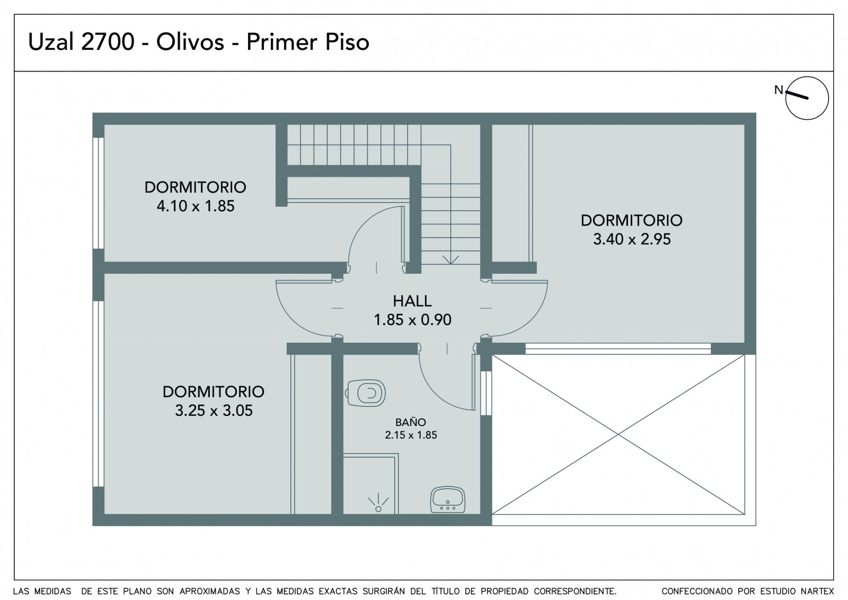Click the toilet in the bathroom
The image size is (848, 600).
point(365,393)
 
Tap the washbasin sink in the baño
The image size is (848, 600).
point(447,499)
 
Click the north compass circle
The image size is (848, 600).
point(807,98)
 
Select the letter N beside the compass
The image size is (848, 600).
point(779,90)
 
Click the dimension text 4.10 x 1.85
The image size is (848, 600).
point(196,206)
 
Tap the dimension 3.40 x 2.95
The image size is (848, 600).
point(631,239)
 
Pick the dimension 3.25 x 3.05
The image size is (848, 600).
point(214,410)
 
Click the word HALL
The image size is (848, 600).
point(412,301)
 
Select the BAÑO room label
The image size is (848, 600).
point(411,422)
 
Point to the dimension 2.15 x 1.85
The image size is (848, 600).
point(411,434)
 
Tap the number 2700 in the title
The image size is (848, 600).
point(108,42)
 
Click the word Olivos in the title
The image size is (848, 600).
point(190,42)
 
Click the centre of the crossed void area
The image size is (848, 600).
point(618,434)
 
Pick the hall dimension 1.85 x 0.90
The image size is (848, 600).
point(412,319)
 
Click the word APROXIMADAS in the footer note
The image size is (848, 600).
point(210,591)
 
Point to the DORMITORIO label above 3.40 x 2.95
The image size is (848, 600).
point(631,220)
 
